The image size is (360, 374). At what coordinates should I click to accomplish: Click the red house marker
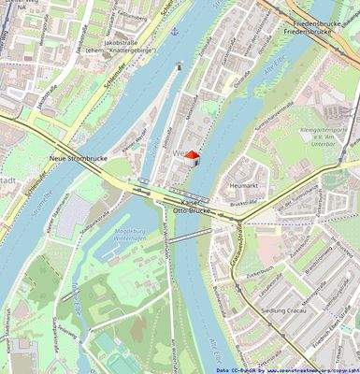(191, 156)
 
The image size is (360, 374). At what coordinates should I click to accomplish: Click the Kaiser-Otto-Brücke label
(194, 208)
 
